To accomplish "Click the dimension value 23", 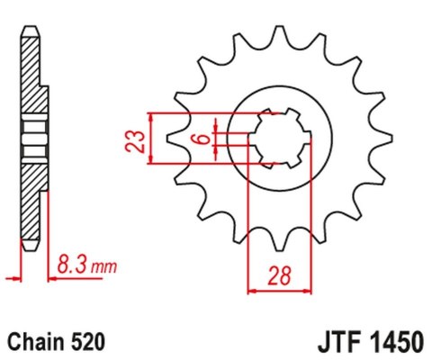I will (132, 140).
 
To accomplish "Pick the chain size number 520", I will (88, 343).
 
